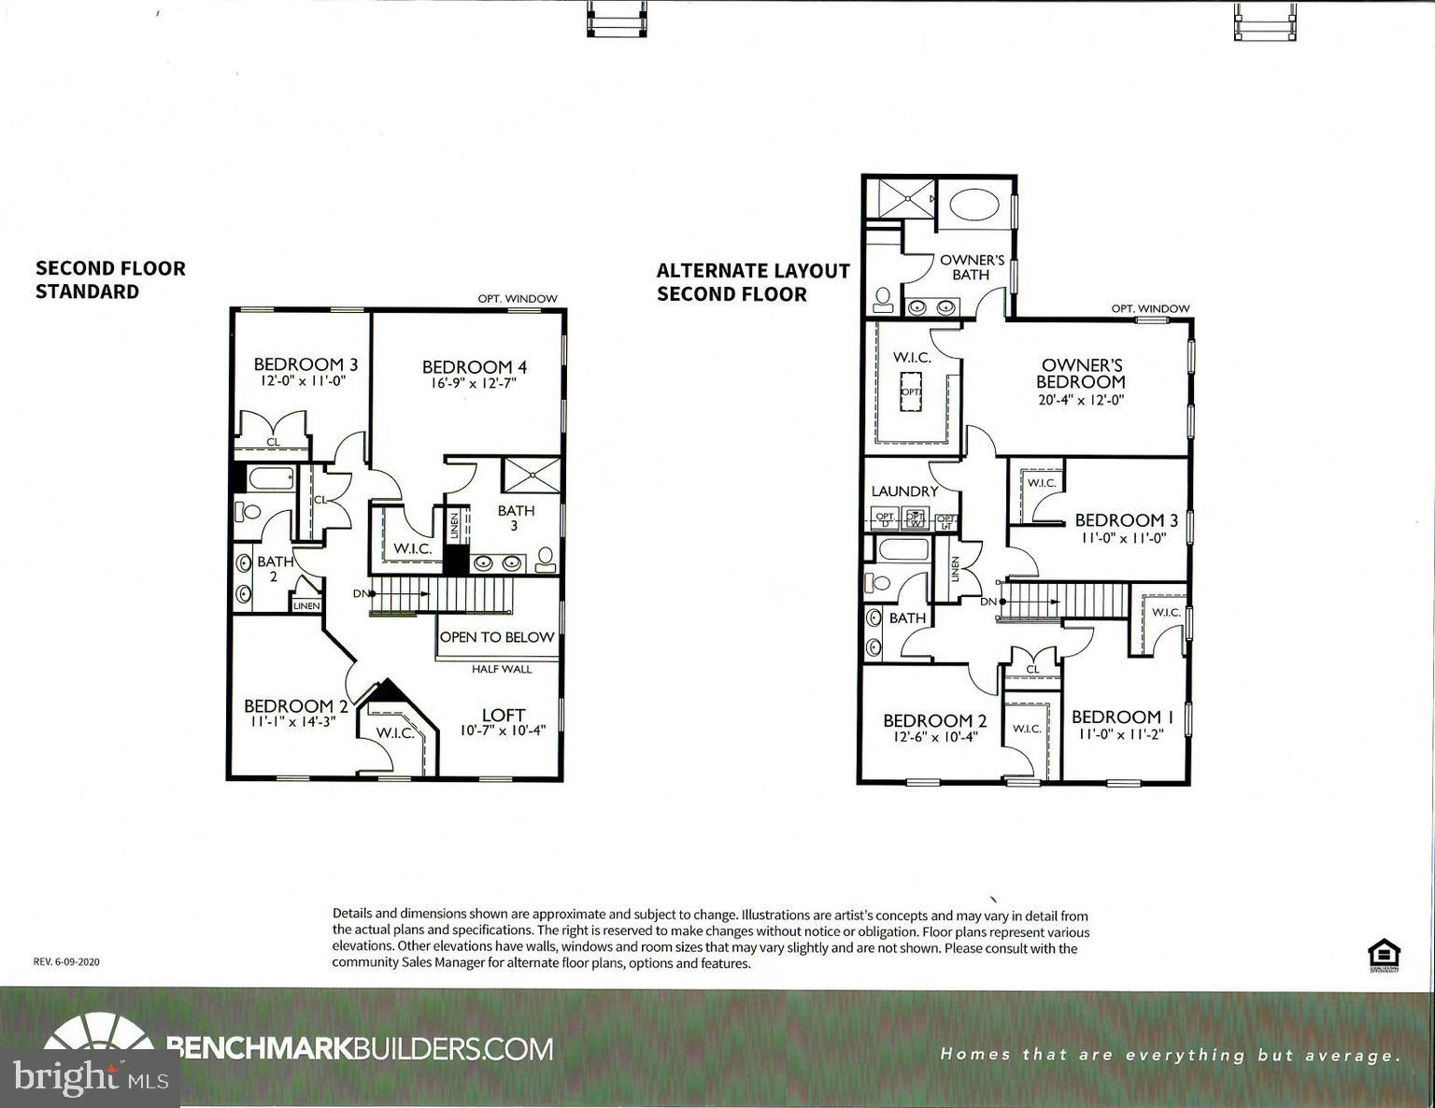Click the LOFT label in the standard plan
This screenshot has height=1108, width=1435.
click(504, 716)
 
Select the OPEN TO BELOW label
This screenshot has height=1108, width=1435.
click(497, 637)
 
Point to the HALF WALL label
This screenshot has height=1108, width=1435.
click(502, 669)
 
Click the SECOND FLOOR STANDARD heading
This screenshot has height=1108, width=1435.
click(110, 279)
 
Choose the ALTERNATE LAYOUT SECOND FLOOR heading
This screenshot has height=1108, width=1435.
click(753, 282)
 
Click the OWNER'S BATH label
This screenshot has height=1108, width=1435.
click(971, 267)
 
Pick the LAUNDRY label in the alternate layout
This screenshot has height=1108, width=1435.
click(904, 491)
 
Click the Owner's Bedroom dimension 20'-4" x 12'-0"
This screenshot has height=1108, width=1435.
click(1080, 399)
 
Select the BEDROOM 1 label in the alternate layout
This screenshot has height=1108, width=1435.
click(1122, 717)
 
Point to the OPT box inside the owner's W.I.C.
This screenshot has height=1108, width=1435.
click(911, 391)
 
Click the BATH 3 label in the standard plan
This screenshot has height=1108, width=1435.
click(516, 518)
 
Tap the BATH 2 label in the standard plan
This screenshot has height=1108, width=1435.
click(275, 569)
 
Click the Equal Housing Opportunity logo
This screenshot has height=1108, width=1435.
click(1384, 956)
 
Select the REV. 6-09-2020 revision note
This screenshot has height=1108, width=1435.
click(66, 961)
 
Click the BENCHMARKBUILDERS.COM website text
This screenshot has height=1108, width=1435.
click(360, 1048)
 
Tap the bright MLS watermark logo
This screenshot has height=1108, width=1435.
click(91, 1077)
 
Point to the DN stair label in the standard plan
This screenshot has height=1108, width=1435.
click(361, 593)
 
